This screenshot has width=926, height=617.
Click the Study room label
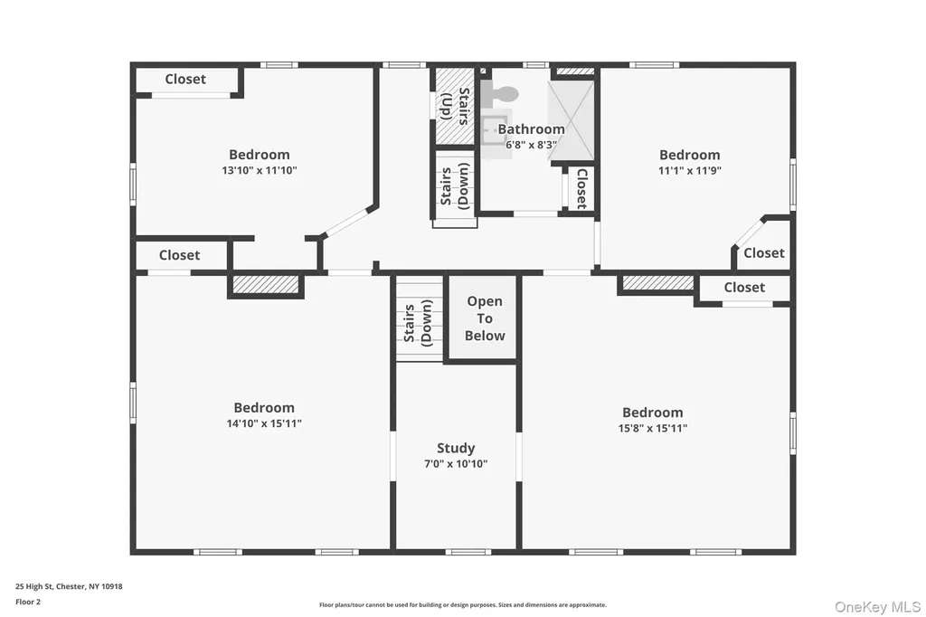456,448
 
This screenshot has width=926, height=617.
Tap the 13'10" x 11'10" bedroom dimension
260,170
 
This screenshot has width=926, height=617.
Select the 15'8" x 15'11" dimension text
653,428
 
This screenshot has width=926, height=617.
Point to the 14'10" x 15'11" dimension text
264,423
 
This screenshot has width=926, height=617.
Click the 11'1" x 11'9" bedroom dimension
690,170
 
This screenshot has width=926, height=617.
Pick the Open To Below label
485,318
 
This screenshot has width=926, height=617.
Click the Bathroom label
532,128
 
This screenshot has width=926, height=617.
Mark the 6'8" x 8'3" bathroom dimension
532,144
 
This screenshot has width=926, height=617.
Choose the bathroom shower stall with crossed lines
571,120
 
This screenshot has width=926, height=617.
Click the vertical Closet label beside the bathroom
581,188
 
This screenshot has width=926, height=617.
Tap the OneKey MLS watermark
877,606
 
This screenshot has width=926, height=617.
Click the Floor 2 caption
28,602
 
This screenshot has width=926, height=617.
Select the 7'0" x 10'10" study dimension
456,464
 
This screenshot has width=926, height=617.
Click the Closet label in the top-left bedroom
185,80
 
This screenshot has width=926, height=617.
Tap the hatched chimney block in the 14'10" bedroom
266,284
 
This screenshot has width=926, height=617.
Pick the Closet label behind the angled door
764,253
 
